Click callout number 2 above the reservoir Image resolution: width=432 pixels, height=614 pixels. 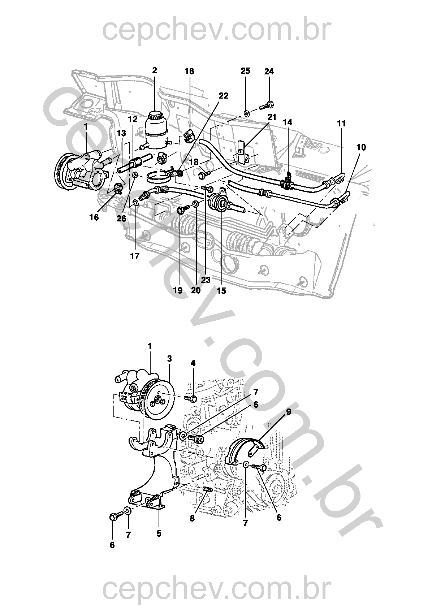click(155, 70)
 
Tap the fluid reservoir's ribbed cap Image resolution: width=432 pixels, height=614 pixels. click(155, 116)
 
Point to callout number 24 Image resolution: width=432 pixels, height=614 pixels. click(269, 72)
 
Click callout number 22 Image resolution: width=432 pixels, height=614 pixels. click(224, 96)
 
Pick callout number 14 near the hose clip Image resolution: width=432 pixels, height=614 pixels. click(288, 123)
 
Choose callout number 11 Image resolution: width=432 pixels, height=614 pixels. click(341, 124)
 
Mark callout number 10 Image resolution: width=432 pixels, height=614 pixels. click(361, 147)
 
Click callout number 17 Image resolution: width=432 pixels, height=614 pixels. click(135, 256)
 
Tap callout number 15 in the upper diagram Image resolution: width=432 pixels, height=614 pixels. click(221, 290)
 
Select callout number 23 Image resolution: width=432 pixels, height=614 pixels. click(206, 280)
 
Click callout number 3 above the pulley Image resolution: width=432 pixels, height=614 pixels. click(169, 359)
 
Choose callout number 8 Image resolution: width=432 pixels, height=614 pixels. click(192, 518)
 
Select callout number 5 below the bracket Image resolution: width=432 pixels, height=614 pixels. click(159, 533)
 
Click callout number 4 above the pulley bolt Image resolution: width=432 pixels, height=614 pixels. click(193, 363)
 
